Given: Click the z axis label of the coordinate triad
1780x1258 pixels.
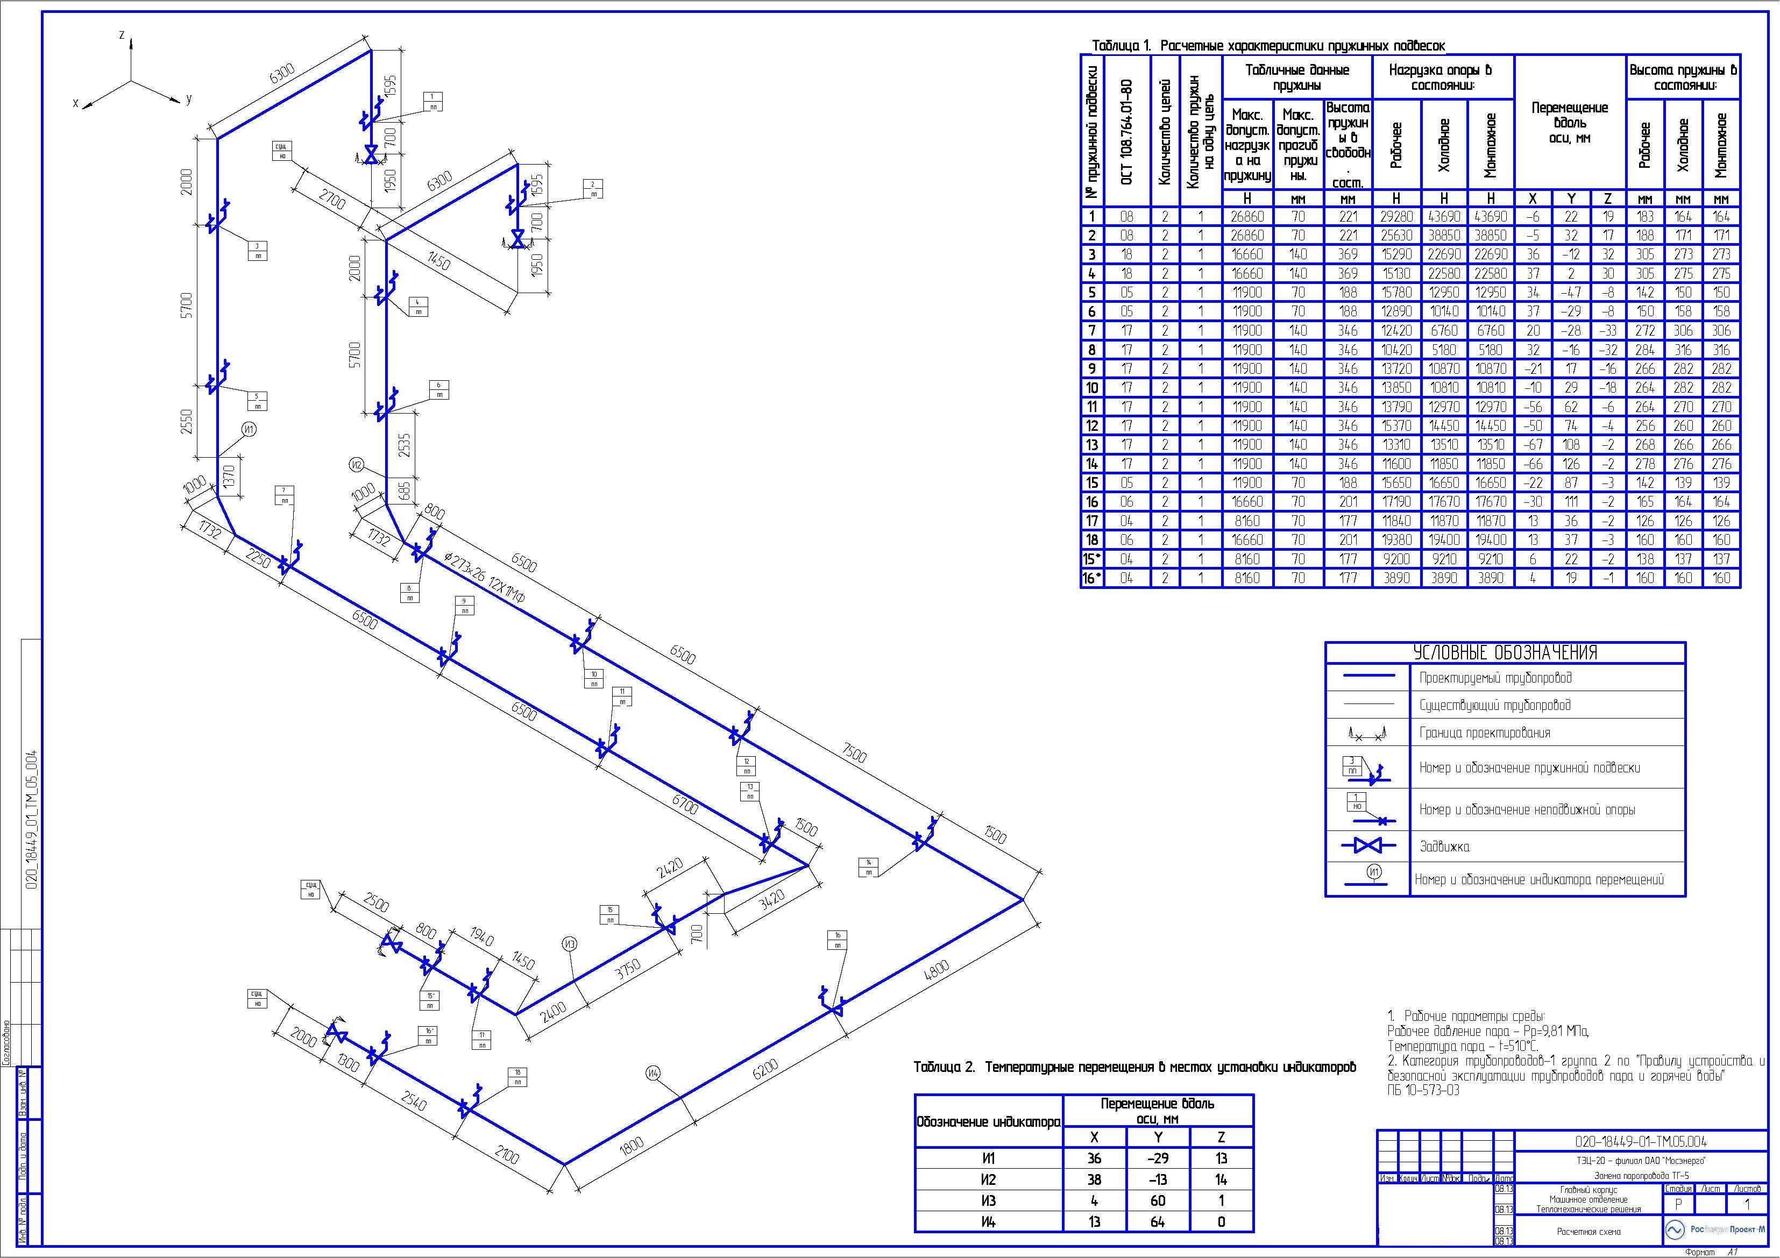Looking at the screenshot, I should [x=122, y=35].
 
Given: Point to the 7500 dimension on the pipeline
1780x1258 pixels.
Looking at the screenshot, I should [x=854, y=752].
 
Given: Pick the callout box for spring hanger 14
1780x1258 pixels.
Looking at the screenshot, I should [x=869, y=868].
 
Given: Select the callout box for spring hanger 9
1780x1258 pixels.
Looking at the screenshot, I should [x=465, y=606].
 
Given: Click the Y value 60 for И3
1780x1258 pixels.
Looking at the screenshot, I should [x=1158, y=1200].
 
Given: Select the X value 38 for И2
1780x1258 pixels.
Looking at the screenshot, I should [x=1094, y=1179].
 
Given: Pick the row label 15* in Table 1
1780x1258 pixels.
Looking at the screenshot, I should [x=1091, y=559].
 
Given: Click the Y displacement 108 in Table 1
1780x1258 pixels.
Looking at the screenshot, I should [x=1571, y=445].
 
